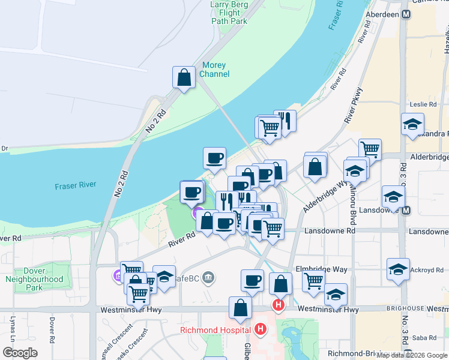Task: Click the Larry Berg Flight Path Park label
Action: coord(229,13)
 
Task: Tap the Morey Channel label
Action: coord(215,70)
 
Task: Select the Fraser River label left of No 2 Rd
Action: coord(74,187)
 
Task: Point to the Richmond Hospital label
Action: coord(215,330)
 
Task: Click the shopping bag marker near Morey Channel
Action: coord(184,77)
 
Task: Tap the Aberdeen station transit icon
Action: coord(406,14)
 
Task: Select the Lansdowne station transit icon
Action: coord(406,211)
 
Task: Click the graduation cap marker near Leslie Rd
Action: coord(412,124)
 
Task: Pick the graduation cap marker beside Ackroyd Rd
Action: coord(398,269)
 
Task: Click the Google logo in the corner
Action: coord(20,353)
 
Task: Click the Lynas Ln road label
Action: coord(12,329)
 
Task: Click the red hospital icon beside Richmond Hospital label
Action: coord(261,329)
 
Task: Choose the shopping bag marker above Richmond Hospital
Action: coord(240,308)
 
